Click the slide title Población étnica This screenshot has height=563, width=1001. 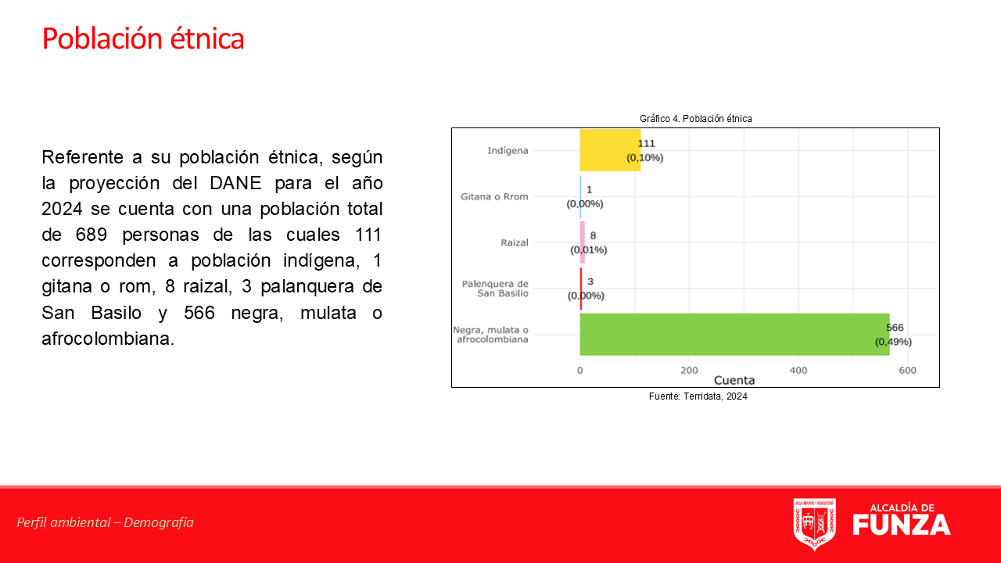click(143, 39)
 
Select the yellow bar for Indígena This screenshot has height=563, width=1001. click(610, 150)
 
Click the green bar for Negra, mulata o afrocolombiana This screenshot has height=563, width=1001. click(734, 334)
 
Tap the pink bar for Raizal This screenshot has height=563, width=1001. click(583, 242)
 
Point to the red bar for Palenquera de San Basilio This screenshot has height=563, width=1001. click(581, 289)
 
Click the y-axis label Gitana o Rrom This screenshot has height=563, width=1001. click(494, 196)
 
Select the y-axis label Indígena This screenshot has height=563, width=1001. click(508, 151)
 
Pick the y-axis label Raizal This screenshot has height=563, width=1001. click(515, 242)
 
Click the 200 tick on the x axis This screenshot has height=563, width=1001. click(689, 371)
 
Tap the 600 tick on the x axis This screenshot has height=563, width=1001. click(908, 371)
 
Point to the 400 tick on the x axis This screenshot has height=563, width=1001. click(798, 371)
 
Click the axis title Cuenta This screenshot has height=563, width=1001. click(734, 380)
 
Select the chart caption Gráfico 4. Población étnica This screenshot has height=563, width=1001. click(696, 119)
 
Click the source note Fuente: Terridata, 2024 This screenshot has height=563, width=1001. click(698, 396)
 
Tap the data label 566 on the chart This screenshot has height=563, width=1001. click(895, 328)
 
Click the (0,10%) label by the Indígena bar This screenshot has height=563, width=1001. click(645, 158)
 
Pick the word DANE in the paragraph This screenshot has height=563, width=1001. click(235, 183)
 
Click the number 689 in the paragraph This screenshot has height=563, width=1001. click(91, 235)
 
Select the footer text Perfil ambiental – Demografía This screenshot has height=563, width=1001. click(105, 522)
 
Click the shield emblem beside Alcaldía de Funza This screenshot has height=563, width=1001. click(815, 524)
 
